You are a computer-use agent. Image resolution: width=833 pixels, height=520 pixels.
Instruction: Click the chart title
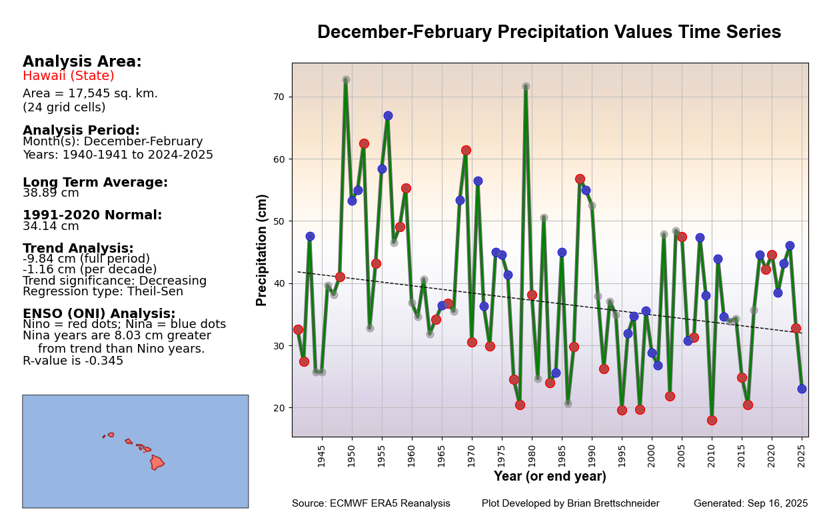(x=549, y=33)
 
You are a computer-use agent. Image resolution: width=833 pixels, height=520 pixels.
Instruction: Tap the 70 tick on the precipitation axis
(x=279, y=97)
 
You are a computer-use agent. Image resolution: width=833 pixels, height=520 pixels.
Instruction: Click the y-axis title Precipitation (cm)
(x=262, y=250)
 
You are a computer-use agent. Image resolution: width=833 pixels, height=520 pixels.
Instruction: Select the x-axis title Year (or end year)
(x=550, y=477)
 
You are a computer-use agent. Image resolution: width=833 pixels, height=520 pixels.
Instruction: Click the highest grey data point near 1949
(x=346, y=80)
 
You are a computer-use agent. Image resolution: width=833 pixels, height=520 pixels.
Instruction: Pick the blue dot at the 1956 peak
(x=388, y=115)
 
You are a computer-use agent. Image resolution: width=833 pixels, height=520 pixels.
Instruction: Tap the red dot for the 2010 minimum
(x=712, y=420)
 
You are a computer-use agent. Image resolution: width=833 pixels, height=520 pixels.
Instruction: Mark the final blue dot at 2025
(x=802, y=389)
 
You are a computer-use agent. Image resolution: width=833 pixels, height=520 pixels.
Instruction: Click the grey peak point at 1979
(x=526, y=87)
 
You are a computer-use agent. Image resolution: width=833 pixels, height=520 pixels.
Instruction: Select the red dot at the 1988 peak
(x=580, y=179)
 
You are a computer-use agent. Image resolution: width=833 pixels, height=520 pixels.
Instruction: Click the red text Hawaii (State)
(x=69, y=76)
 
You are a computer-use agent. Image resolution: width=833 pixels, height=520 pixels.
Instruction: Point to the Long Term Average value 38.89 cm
(x=51, y=193)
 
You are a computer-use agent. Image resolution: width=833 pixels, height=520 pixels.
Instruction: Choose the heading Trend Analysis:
(x=78, y=248)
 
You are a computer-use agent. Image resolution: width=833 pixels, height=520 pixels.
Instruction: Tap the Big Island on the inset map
(x=157, y=462)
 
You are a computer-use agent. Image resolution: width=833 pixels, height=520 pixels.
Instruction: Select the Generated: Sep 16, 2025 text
(x=750, y=504)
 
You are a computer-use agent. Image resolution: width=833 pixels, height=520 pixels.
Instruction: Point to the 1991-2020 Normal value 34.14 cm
(x=51, y=227)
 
